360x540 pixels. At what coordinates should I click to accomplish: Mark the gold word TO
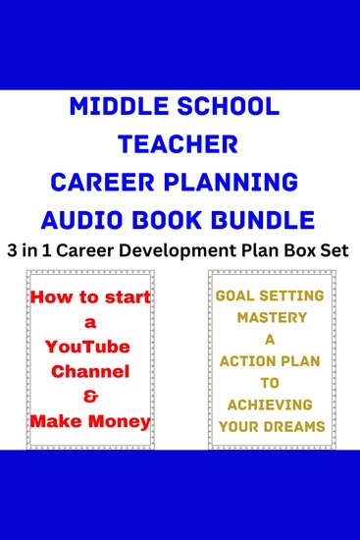271,382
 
